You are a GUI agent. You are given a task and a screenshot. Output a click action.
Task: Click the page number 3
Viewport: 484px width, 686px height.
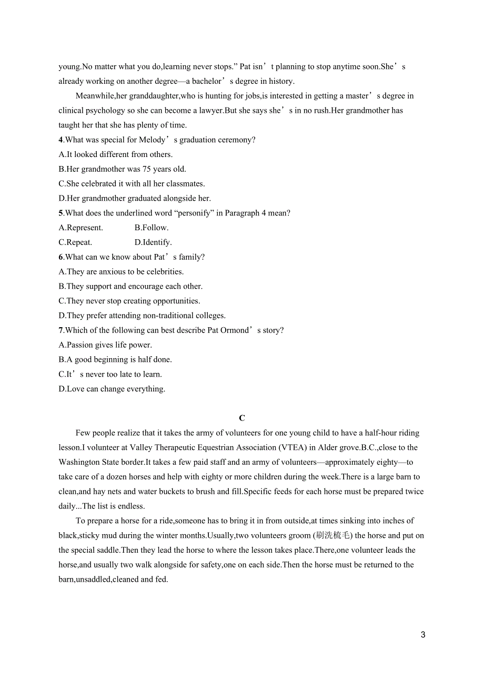[x=423, y=635]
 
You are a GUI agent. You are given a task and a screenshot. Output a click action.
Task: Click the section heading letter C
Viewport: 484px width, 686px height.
[x=242, y=418]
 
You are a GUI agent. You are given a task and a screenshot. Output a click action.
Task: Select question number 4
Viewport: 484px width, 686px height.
[x=61, y=140]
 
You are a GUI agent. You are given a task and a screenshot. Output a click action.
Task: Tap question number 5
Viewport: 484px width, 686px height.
[x=61, y=213]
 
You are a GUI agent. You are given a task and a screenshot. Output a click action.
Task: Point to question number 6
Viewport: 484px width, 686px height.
[x=61, y=257]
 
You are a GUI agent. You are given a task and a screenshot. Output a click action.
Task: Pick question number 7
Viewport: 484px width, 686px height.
[x=61, y=330]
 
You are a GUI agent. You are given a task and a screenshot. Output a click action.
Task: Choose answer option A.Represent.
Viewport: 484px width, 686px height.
[x=81, y=228]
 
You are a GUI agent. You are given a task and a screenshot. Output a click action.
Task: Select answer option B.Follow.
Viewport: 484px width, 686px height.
[x=152, y=228]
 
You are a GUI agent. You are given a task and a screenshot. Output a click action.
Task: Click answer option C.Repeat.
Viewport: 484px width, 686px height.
[x=75, y=242]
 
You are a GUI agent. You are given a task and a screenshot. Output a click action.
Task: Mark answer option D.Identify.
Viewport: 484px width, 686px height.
[x=153, y=242]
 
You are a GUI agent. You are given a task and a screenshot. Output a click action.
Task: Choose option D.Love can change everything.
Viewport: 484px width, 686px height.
[x=112, y=389]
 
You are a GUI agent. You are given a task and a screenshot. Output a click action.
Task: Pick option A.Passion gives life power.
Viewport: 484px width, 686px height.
[x=105, y=345]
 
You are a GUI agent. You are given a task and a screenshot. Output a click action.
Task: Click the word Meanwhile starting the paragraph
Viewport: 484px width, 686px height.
[x=93, y=96]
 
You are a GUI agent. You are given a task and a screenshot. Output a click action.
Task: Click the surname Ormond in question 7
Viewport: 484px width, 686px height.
[x=235, y=330]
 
